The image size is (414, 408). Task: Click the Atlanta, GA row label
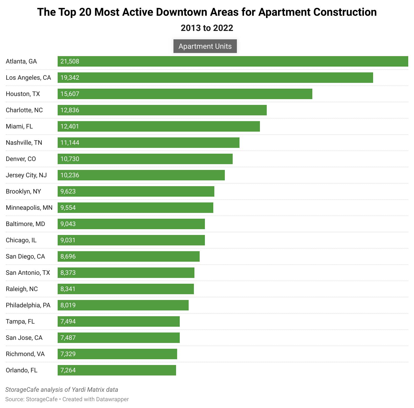pos(21,61)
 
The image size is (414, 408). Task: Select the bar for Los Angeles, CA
pos(215,78)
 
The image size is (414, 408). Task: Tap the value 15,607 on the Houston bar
pos(70,94)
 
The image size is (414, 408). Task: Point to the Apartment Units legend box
pos(205,46)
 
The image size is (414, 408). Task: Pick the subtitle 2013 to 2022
pos(207,28)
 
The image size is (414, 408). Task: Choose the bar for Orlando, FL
pos(117,370)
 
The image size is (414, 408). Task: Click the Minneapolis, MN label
pos(29,208)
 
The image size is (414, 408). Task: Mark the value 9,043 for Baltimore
pos(68,224)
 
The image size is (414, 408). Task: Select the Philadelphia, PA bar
pos(123,305)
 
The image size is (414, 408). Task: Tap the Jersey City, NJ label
pos(26,175)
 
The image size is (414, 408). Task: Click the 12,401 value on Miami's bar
pos(70,126)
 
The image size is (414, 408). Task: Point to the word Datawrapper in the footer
pos(112,399)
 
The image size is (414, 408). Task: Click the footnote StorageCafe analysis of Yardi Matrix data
pos(62,390)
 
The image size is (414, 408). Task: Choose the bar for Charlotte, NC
pos(162,110)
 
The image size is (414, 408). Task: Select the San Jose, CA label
pos(24,338)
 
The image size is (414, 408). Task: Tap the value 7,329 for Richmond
pos(68,354)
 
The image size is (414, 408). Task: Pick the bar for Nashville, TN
pos(149,143)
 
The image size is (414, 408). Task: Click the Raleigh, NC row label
pos(22,289)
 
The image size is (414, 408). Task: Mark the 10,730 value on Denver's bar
pos(70,159)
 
